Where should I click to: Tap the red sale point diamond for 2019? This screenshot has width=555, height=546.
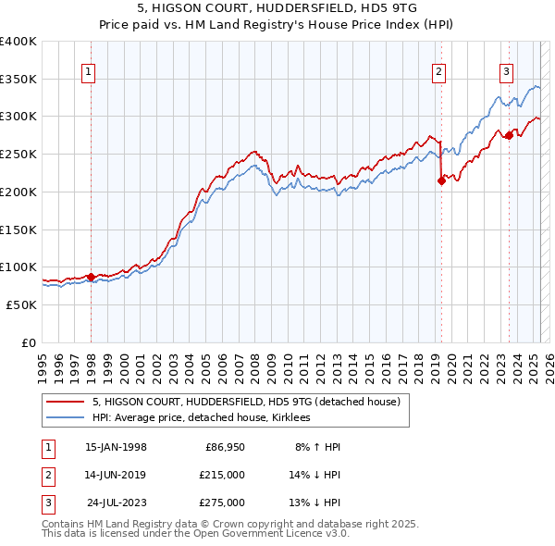pyautogui.click(x=441, y=181)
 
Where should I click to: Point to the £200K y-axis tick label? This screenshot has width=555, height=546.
pyautogui.click(x=19, y=192)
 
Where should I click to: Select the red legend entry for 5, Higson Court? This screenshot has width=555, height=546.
pyautogui.click(x=245, y=402)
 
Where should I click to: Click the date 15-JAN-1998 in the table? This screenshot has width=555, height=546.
pyautogui.click(x=115, y=447)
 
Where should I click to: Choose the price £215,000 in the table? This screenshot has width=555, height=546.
pyautogui.click(x=222, y=475)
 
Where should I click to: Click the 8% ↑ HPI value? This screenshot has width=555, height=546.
pyautogui.click(x=317, y=447)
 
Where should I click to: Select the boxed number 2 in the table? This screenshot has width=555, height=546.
pyautogui.click(x=45, y=475)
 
